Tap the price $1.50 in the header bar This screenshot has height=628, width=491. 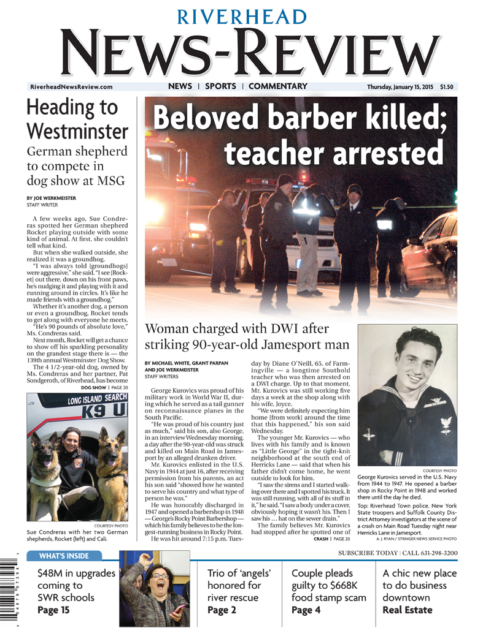[x=447, y=87]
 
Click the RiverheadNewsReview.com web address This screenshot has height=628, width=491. [x=71, y=88]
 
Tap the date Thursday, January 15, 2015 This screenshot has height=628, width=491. [x=400, y=87]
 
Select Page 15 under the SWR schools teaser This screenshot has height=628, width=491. [x=53, y=610]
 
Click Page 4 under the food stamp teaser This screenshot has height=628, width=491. [x=306, y=610]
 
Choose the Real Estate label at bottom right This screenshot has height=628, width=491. [x=408, y=610]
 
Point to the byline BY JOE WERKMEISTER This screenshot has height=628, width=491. [x=55, y=199]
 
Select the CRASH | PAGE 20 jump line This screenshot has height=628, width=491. [x=332, y=539]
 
